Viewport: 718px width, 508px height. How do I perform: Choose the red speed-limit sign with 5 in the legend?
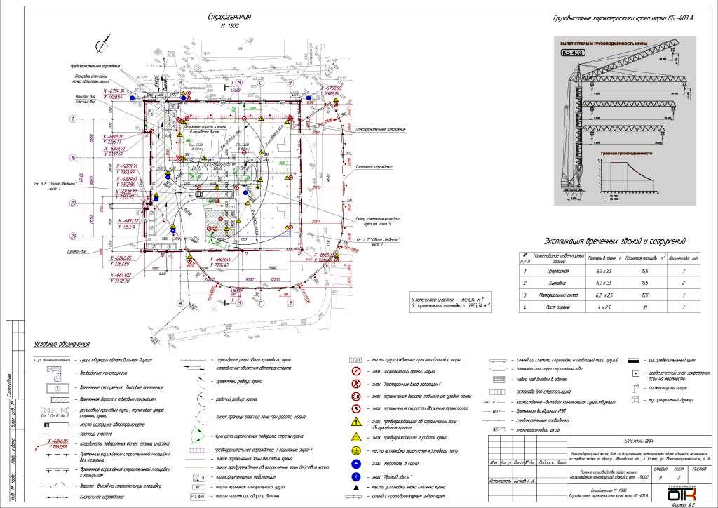pos(355,408)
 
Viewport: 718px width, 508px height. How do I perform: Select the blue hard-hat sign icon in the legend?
pos(355,464)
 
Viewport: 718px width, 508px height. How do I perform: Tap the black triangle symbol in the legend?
pos(355,487)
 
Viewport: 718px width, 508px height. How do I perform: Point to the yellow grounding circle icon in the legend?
pos(355,450)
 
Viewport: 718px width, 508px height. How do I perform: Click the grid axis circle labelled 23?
pos(72,203)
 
